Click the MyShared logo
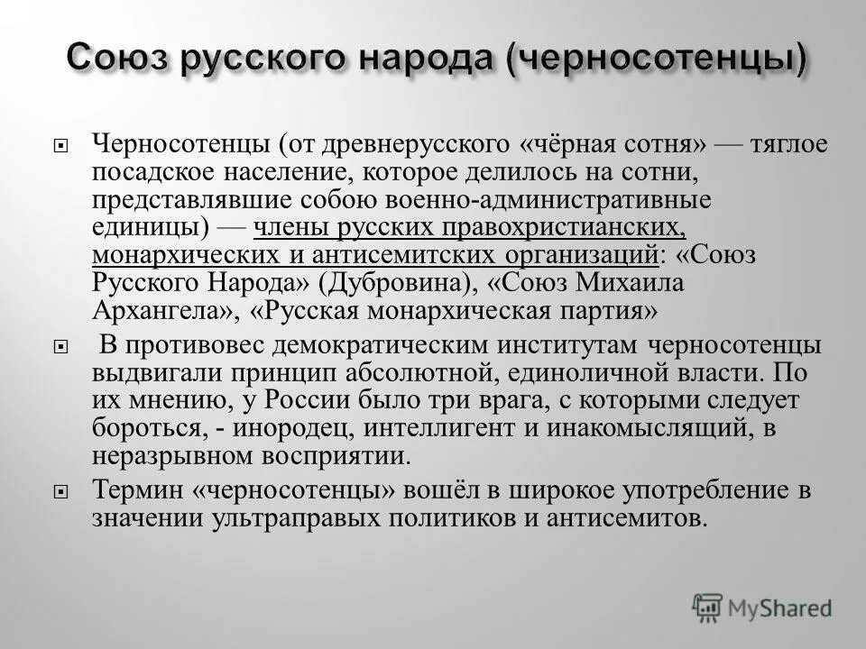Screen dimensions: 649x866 click(x=762, y=607)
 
